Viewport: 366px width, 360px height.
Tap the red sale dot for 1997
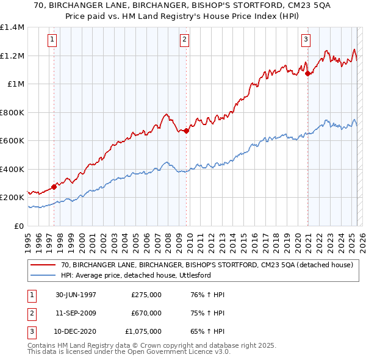[54, 187]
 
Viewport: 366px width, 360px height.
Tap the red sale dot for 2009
[186, 130]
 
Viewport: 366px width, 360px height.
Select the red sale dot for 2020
[308, 74]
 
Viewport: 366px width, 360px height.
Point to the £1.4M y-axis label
[12, 27]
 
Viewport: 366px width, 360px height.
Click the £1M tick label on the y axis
[15, 84]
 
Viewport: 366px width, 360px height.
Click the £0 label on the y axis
[19, 226]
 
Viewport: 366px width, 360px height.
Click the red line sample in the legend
[42, 265]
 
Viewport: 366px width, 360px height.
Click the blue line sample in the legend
[42, 275]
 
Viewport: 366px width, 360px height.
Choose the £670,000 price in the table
[146, 313]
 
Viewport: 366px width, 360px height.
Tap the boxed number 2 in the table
[31, 313]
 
